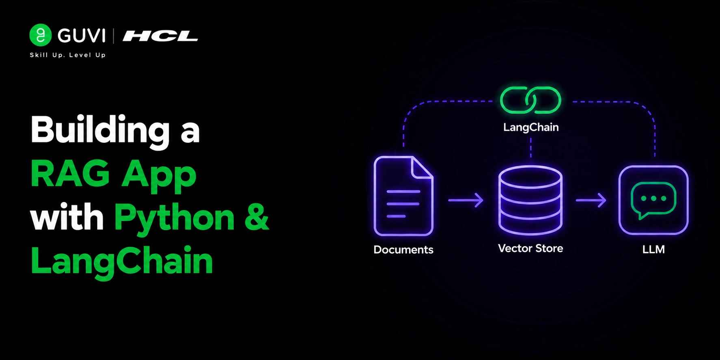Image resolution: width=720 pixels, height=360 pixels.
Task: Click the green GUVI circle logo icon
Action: click(x=41, y=35)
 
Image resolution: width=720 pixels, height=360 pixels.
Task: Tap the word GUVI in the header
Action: click(x=82, y=36)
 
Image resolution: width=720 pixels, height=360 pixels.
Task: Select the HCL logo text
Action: click(x=160, y=36)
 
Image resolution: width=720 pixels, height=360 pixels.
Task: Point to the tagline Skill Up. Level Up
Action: click(x=68, y=55)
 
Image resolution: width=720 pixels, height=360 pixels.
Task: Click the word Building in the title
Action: click(x=100, y=131)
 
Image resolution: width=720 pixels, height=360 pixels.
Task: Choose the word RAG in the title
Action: click(x=70, y=174)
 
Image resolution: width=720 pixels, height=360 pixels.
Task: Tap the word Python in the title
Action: click(x=175, y=218)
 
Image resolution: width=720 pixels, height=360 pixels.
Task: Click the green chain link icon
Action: click(x=530, y=100)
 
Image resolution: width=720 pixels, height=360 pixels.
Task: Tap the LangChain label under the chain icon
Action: click(x=531, y=127)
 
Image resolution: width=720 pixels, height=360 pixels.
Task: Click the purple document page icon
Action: click(x=403, y=196)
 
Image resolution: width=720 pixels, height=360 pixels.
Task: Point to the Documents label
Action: click(x=403, y=250)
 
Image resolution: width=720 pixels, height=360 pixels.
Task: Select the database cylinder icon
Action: click(x=530, y=200)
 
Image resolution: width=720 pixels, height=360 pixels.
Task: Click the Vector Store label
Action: click(x=530, y=248)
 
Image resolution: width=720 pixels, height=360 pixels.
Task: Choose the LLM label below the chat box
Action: click(x=653, y=249)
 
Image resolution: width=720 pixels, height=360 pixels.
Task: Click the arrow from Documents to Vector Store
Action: click(x=466, y=200)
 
